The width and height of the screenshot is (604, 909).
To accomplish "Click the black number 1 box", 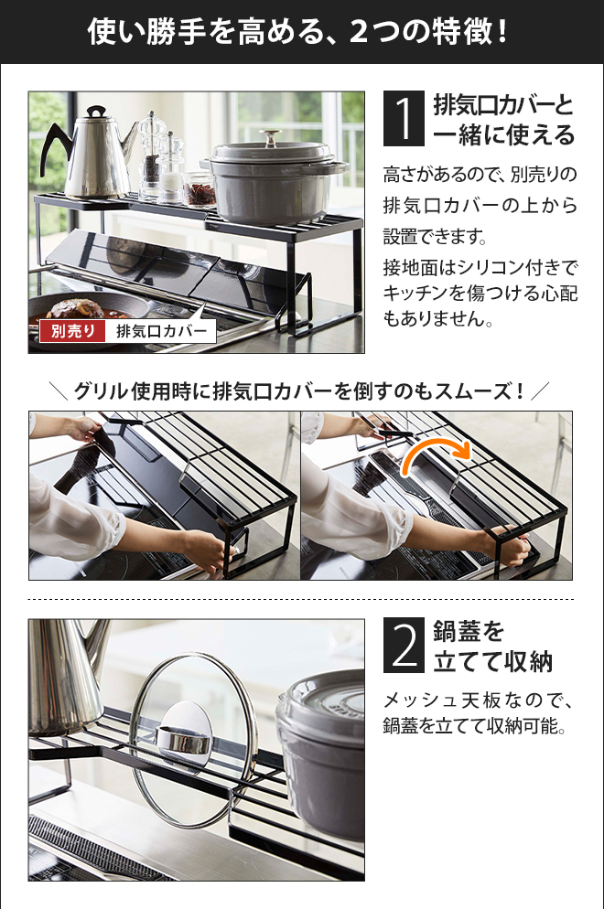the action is tap(404, 118).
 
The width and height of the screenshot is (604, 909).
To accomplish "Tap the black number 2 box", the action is tap(404, 646).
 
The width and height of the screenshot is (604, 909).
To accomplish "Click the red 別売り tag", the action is tap(72, 331).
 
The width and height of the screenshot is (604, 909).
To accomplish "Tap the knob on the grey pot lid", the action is tap(270, 137).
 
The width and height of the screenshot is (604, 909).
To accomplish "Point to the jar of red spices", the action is tap(200, 189).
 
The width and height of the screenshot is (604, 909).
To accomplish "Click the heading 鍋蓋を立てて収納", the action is tap(492, 646).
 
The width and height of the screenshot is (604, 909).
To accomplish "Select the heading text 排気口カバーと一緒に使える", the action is tap(503, 120).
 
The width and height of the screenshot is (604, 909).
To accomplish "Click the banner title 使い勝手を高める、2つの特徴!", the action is tap(298, 31).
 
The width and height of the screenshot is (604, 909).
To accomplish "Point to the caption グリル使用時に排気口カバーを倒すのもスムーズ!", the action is tap(300, 391).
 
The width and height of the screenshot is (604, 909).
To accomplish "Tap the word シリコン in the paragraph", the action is tap(491, 267).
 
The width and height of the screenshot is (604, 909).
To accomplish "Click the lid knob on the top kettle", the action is tap(97, 111).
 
